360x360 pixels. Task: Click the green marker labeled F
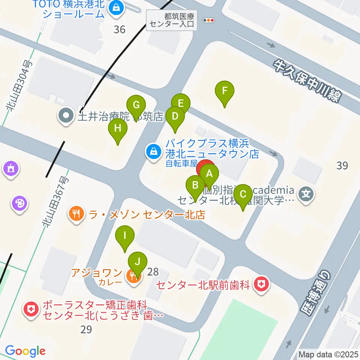click(225, 91)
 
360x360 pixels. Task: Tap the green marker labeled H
click(118, 129)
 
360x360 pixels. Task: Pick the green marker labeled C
click(243, 195)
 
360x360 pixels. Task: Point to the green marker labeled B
click(195, 185)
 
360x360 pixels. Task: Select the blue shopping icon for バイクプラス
click(153, 152)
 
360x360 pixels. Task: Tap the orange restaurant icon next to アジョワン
click(133, 276)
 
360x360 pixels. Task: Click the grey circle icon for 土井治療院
click(66, 115)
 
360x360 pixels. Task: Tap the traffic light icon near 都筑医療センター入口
click(208, 20)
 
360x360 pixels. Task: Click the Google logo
click(25, 351)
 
